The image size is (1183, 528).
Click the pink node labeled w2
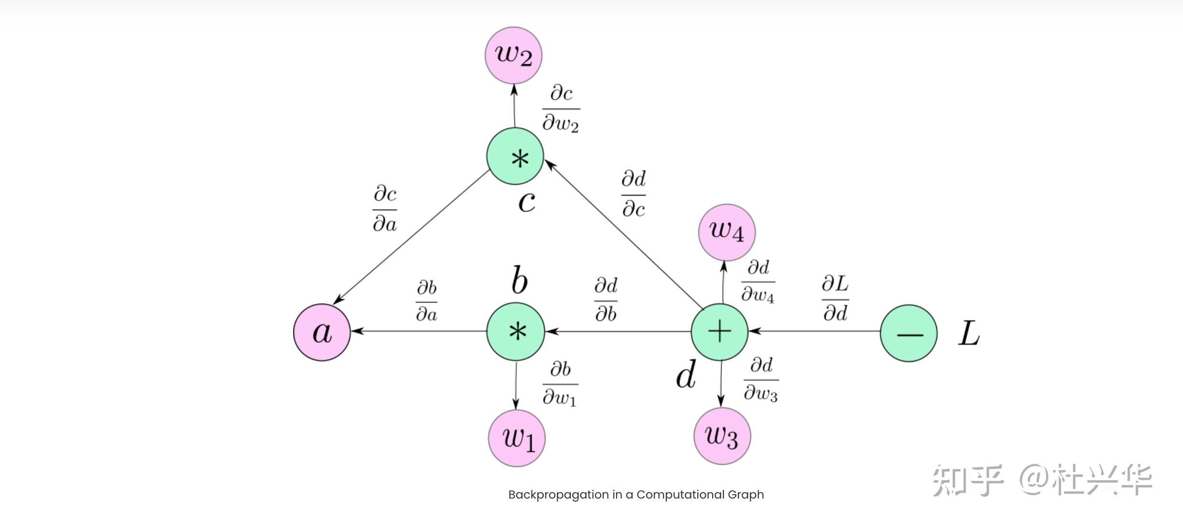[513, 55]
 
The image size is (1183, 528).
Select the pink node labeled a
[322, 332]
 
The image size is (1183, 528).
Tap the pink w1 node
[517, 438]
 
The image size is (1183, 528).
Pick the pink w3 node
[722, 436]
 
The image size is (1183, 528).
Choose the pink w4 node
[727, 232]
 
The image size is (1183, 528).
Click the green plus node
[719, 332]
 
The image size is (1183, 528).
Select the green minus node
[908, 333]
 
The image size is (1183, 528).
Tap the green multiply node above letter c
[515, 156]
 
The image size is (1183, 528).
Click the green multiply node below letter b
[516, 332]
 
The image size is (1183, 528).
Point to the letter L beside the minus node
[969, 334]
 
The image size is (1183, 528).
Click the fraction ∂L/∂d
[835, 298]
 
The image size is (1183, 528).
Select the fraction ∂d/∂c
[634, 194]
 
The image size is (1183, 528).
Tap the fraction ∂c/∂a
[385, 208]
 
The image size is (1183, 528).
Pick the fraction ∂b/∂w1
[560, 384]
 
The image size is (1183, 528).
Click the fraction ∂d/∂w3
[761, 379]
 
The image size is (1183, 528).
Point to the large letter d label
[685, 375]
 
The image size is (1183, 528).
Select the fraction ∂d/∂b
[606, 300]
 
